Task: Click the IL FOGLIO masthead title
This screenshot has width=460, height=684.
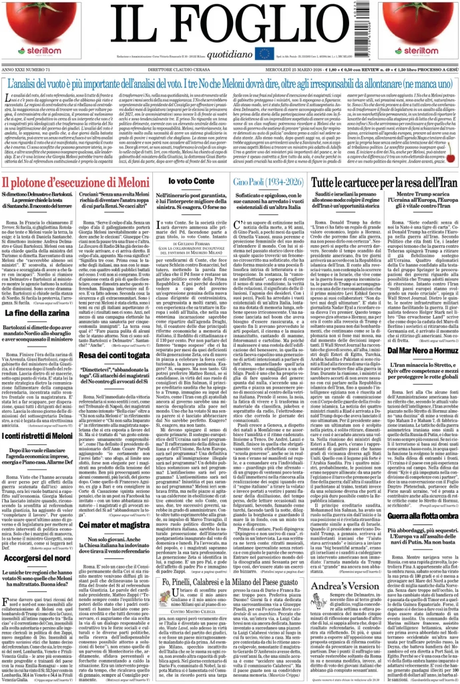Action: (230, 25)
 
